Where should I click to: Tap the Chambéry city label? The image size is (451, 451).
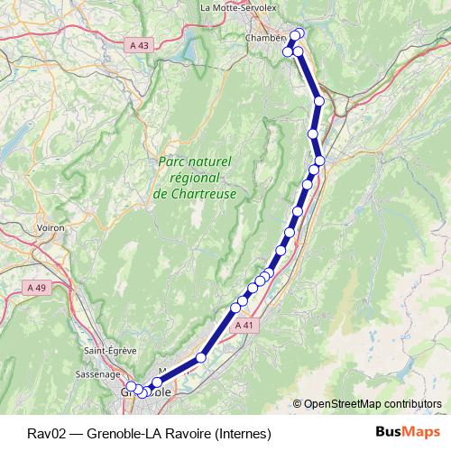point(266,38)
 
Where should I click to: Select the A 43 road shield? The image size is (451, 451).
point(141,44)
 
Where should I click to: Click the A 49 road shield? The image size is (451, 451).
point(36,287)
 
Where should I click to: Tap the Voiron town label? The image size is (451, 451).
point(51,228)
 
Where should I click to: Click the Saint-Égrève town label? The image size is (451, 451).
point(106,351)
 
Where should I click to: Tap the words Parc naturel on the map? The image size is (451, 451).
point(195,161)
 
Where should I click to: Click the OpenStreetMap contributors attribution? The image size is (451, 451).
point(373,403)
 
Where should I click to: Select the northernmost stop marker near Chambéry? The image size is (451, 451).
point(299,34)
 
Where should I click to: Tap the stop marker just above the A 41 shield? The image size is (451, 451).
point(235,308)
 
